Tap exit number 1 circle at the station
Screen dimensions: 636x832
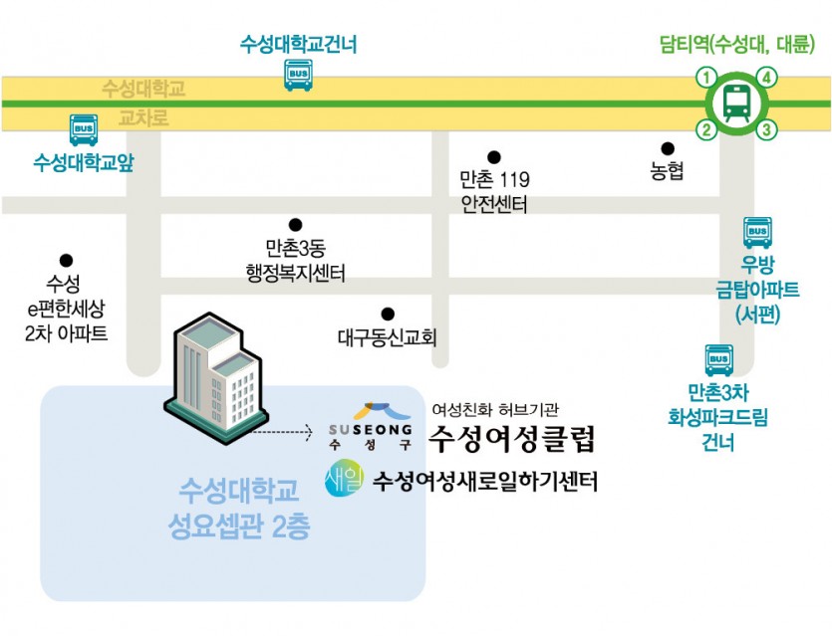click(x=706, y=78)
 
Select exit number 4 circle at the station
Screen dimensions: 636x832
click(x=766, y=78)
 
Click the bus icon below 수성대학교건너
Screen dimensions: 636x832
click(x=298, y=74)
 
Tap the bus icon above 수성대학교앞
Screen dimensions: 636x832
click(x=84, y=129)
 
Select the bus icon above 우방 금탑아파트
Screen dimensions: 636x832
click(x=757, y=232)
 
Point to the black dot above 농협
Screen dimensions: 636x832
click(x=668, y=149)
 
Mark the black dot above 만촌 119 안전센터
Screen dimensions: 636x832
click(x=493, y=157)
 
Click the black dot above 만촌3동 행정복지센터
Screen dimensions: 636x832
click(x=295, y=225)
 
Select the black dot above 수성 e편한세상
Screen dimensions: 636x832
click(x=67, y=261)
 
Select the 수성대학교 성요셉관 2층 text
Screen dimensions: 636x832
click(x=239, y=508)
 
